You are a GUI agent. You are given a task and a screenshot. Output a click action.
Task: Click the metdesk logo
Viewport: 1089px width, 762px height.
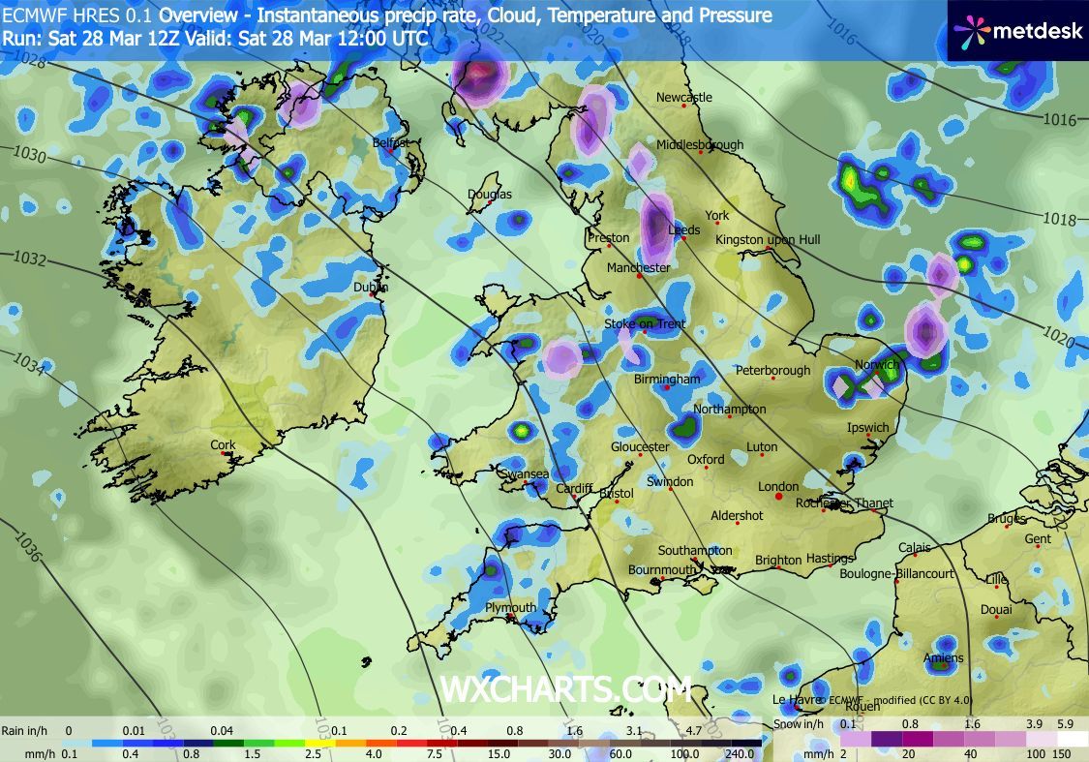tap(1017, 31)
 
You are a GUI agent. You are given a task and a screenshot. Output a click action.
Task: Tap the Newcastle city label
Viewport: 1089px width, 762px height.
tap(683, 97)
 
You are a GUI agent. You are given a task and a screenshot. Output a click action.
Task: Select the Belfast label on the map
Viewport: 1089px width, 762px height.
tap(391, 142)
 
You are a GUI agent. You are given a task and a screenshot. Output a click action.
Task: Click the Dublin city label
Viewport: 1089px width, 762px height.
tap(370, 287)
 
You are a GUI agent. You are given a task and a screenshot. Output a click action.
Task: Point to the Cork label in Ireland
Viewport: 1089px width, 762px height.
tap(223, 445)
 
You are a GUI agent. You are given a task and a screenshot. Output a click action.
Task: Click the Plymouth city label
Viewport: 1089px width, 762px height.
tap(510, 608)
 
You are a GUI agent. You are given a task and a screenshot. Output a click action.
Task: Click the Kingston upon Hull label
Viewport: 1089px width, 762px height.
tap(768, 239)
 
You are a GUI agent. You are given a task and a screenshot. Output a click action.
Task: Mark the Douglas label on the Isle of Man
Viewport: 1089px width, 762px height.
tap(490, 195)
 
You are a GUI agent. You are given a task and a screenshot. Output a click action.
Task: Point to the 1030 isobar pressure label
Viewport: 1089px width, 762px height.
tap(30, 154)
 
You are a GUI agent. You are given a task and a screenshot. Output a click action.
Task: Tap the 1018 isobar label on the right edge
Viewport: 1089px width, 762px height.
tap(1060, 220)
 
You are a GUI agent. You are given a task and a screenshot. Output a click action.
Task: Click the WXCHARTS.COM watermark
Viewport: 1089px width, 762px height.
tap(565, 689)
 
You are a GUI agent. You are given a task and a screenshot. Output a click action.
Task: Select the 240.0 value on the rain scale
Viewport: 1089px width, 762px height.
tap(741, 753)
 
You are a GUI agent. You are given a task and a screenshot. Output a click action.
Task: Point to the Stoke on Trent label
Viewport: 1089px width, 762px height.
tap(645, 324)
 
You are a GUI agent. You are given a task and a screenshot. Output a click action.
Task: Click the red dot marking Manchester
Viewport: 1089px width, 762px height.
tap(640, 277)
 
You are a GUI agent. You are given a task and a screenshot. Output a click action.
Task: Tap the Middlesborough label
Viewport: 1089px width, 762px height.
tap(700, 145)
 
